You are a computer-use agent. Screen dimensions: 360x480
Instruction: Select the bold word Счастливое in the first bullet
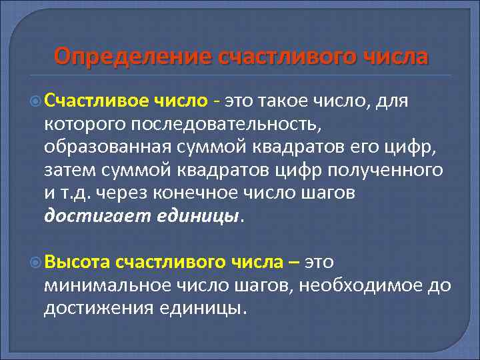(x=99, y=101)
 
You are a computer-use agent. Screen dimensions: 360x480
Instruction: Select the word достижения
(x=101, y=309)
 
